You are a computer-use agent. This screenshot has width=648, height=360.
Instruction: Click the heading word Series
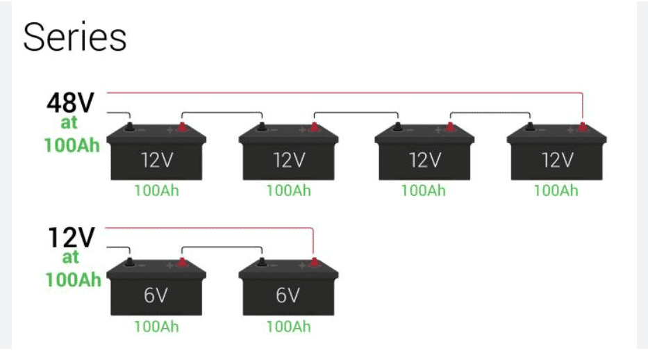[75, 37]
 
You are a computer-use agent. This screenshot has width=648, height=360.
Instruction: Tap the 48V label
[70, 104]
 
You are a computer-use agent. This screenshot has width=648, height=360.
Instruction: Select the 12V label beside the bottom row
[71, 238]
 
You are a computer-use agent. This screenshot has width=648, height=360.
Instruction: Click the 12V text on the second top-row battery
[288, 161]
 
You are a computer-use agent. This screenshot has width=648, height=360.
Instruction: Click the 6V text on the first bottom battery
[156, 295]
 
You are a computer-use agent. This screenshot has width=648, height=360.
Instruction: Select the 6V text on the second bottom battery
[288, 295]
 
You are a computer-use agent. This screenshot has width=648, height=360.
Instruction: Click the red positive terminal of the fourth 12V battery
[582, 127]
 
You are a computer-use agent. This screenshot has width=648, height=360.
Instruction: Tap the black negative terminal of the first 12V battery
[130, 127]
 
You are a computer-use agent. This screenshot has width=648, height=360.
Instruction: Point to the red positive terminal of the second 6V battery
[314, 263]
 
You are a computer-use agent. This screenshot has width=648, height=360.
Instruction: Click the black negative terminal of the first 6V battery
[130, 263]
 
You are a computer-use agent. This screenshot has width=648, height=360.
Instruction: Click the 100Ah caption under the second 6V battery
[288, 326]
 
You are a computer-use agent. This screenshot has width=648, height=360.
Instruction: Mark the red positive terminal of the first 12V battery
[182, 127]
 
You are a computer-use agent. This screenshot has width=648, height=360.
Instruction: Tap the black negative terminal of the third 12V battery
[397, 127]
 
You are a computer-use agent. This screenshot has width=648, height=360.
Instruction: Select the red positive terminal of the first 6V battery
[182, 263]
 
